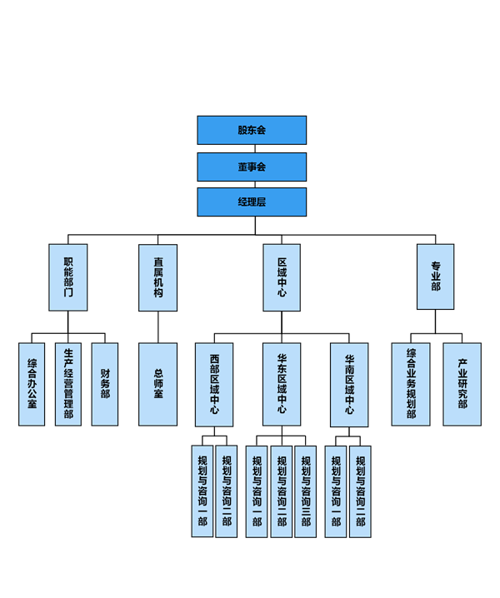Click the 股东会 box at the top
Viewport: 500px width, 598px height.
pyautogui.click(x=252, y=130)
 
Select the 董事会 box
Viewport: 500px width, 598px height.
pyautogui.click(x=252, y=167)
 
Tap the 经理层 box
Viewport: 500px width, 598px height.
pyautogui.click(x=252, y=202)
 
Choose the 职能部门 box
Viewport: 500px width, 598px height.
pyautogui.click(x=68, y=277)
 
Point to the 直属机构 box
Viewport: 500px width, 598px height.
pyautogui.click(x=157, y=277)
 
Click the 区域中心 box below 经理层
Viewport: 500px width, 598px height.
pyautogui.click(x=282, y=277)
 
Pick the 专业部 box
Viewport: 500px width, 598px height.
pyautogui.click(x=435, y=277)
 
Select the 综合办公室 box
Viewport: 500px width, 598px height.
pyautogui.click(x=32, y=384)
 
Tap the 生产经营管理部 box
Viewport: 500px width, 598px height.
pyautogui.click(x=68, y=384)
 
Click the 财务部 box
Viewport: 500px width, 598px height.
pyautogui.click(x=105, y=384)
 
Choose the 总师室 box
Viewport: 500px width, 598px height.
pyautogui.click(x=157, y=384)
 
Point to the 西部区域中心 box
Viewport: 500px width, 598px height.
pyautogui.click(x=214, y=384)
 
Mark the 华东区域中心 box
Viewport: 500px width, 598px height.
pyautogui.click(x=282, y=384)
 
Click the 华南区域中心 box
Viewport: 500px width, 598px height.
pyautogui.click(x=349, y=384)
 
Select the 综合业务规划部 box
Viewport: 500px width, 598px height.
pyautogui.click(x=411, y=384)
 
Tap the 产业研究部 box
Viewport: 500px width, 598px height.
pyautogui.click(x=462, y=384)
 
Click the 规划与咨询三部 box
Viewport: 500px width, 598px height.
pyautogui.click(x=306, y=491)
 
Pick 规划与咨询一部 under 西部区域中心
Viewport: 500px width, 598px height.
pyautogui.click(x=202, y=491)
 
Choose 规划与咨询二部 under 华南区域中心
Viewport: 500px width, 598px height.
pyautogui.click(x=360, y=491)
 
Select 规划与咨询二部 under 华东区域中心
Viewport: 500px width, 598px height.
pyautogui.click(x=282, y=491)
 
